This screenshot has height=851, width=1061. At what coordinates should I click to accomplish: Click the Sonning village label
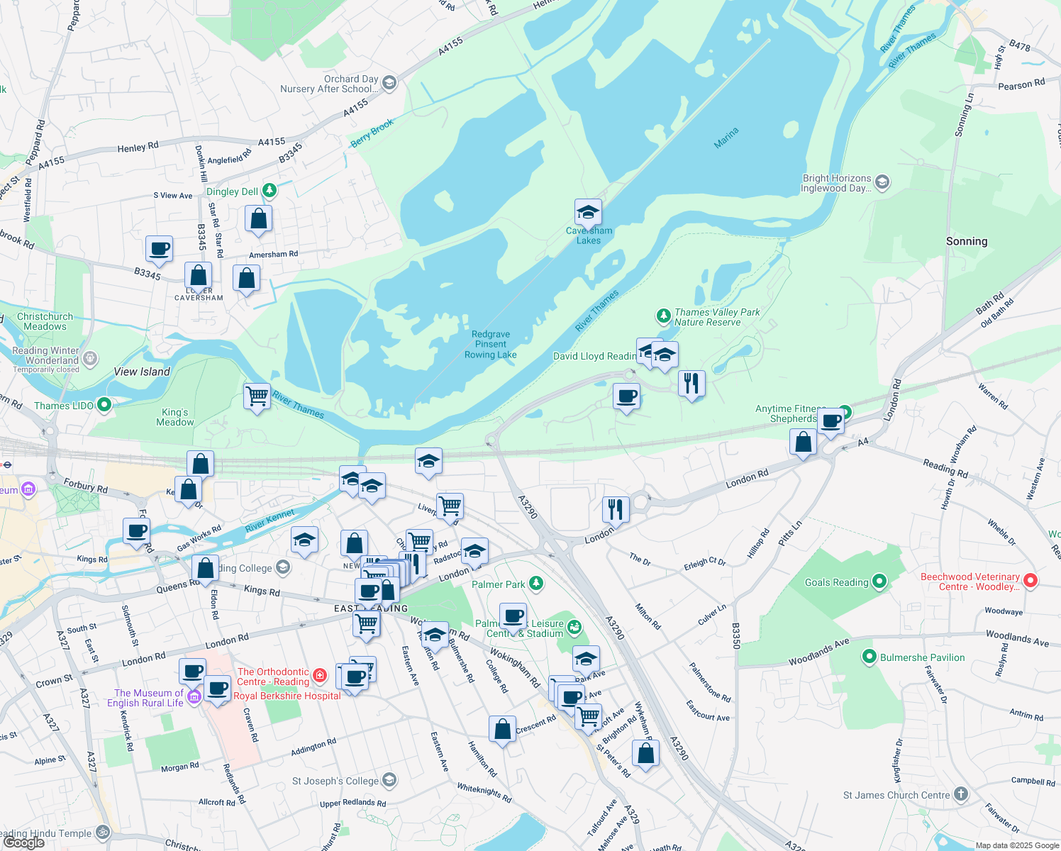[x=966, y=241]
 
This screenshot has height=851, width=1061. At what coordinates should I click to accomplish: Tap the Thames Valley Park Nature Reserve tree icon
[x=663, y=316]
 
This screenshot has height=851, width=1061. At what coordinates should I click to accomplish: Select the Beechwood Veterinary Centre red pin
[x=1031, y=581]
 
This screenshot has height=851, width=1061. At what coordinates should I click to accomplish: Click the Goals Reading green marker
[x=879, y=582]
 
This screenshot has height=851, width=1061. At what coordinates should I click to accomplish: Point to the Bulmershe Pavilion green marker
[x=870, y=657]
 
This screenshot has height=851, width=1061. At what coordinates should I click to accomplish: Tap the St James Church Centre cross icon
[x=960, y=794]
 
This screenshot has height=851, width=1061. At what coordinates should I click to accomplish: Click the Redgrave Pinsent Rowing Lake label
[x=490, y=345]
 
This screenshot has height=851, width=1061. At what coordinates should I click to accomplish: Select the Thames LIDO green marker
[x=104, y=405]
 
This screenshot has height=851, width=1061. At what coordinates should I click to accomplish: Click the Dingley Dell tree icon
[x=269, y=190]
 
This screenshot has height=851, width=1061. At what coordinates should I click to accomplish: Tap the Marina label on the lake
[x=726, y=138]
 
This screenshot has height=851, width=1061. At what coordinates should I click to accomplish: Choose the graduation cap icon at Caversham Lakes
[x=588, y=212]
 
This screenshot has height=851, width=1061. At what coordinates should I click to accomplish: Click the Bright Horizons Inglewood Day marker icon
[x=882, y=182]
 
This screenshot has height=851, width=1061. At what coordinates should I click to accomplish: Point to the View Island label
[x=142, y=372]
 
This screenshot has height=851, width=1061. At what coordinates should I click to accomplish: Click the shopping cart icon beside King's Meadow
[x=257, y=396]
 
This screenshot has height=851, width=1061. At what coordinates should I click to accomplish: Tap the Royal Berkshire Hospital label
[x=287, y=696]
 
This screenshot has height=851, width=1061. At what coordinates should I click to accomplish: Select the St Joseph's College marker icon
[x=389, y=781]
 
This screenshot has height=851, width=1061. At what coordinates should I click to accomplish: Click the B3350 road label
[x=736, y=635]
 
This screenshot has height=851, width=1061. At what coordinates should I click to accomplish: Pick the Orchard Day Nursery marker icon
[x=389, y=83]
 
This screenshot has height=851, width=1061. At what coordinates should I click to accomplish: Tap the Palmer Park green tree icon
[x=536, y=584]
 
